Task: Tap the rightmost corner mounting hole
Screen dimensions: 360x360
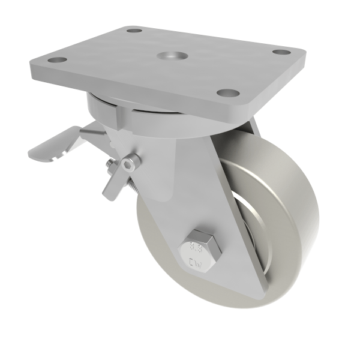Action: point(281,52)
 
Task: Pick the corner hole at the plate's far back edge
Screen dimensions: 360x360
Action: point(134,30)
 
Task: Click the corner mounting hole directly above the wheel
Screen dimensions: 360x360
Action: point(227,93)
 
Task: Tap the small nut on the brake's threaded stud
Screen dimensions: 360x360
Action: point(110,166)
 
